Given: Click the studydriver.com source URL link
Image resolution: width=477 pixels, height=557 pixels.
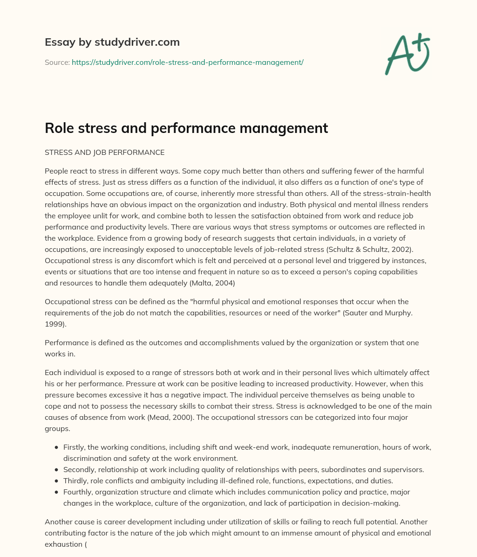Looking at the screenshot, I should click(x=187, y=62).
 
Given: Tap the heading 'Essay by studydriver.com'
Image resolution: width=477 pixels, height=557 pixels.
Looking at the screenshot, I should click(x=112, y=42).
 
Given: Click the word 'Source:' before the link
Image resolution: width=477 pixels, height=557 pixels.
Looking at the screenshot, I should click(x=57, y=62).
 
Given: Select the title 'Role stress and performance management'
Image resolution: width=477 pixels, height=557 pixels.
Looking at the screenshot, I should click(x=186, y=128).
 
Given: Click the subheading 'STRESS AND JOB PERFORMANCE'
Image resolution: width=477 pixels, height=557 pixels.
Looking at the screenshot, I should click(x=104, y=152).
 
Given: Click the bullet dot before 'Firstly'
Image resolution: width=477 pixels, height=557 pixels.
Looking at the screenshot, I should click(x=56, y=447).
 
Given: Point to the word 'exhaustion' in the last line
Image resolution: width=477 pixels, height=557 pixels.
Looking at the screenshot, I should click(x=63, y=544).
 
